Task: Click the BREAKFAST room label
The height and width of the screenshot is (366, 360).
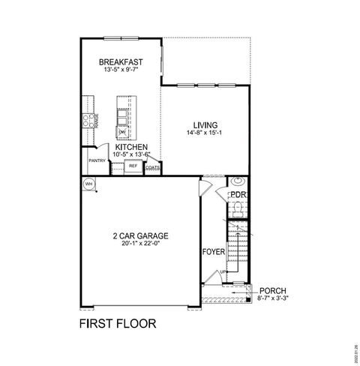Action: (121, 62)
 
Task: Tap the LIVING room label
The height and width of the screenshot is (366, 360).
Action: (205, 125)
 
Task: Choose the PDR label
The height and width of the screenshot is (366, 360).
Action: (238, 195)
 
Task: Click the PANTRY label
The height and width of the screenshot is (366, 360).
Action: (97, 160)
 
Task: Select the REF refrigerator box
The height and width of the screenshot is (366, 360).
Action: (133, 166)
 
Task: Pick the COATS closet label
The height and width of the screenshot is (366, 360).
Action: (152, 167)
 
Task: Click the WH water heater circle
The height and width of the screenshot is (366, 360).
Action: (88, 183)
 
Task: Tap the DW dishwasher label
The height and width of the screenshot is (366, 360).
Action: (121, 132)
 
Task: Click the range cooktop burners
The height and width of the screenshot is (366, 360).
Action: (86, 121)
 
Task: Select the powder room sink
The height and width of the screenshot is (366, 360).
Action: (238, 181)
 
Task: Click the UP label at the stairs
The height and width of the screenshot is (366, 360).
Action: (223, 271)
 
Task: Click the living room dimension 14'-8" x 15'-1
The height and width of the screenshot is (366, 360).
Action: (205, 133)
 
